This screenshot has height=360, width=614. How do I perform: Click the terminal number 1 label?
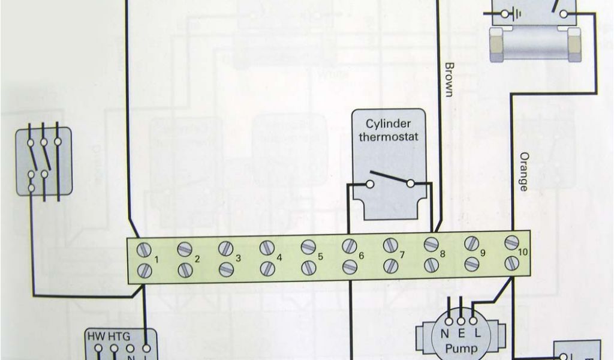[x=155, y=259]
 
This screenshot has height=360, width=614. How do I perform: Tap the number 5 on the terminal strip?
[x=320, y=256]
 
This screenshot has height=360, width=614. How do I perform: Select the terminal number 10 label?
[x=522, y=252]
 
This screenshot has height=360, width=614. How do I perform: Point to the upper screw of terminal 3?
[x=225, y=248]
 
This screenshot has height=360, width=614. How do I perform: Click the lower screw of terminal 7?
[x=391, y=265]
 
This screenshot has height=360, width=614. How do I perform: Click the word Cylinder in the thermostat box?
[x=389, y=124]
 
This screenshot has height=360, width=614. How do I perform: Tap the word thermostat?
[x=389, y=136]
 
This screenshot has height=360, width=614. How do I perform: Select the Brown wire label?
[x=450, y=79]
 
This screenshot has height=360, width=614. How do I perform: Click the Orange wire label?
[x=523, y=171]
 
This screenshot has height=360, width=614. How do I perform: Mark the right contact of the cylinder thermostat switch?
[x=410, y=183]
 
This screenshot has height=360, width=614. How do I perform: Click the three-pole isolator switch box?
[x=44, y=160]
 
